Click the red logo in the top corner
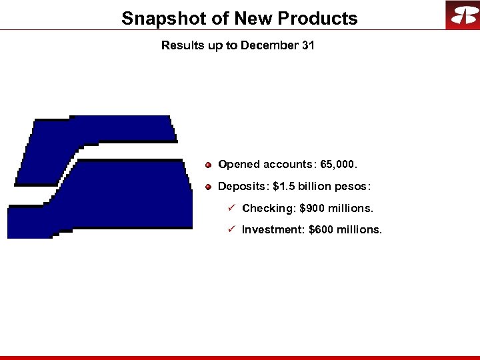click(462, 15)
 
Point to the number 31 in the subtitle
click(307, 46)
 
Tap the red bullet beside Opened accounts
click(209, 164)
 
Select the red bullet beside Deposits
click(209, 186)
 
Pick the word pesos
click(351, 186)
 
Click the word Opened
click(239, 164)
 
